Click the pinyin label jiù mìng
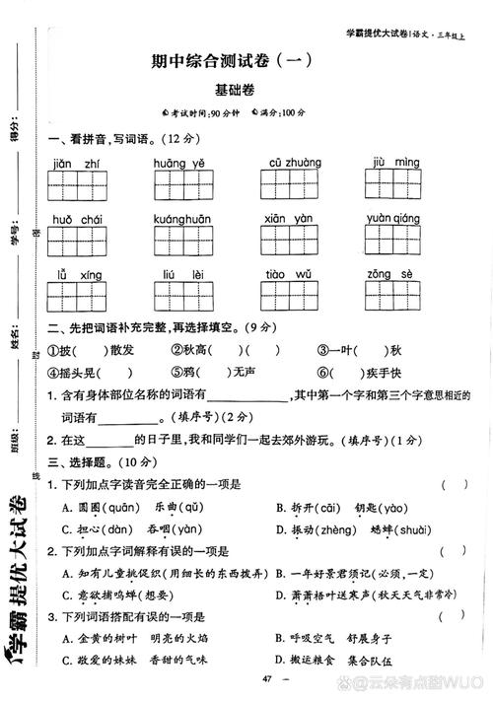pos(397,163)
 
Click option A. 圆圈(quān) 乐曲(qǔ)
pos(133,508)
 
